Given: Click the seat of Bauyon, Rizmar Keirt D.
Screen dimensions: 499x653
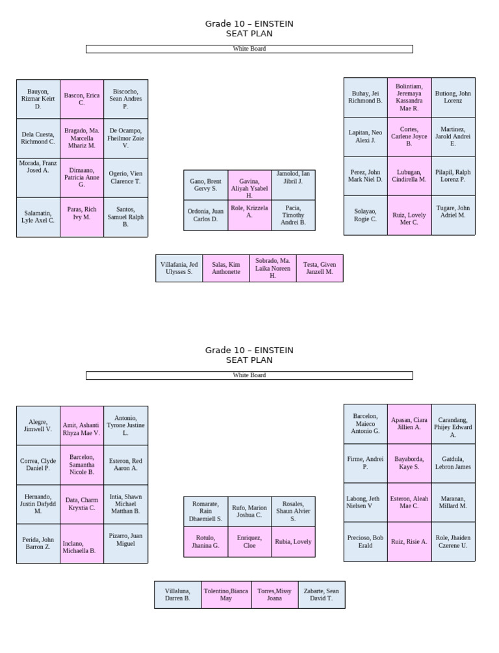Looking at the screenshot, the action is click(38, 99).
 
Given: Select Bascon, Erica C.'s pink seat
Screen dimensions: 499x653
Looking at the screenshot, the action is click(82, 99).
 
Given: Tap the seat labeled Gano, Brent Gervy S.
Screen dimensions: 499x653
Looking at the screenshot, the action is click(206, 185).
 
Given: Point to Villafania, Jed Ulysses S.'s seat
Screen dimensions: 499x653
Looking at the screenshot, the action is click(179, 268).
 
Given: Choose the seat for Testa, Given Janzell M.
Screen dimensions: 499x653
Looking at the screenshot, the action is click(320, 268).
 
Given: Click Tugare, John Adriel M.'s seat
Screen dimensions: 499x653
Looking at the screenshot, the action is click(453, 216).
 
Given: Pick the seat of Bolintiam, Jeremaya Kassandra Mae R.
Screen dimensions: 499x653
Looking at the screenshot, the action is click(409, 97).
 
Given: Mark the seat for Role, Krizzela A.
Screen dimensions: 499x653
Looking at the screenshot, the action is click(249, 216).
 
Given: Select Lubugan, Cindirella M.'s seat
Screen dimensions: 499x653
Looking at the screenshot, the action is click(409, 176).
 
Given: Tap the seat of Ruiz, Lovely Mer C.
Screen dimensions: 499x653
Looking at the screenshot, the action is click(409, 216).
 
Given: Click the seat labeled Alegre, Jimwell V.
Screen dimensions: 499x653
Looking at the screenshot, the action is click(38, 426).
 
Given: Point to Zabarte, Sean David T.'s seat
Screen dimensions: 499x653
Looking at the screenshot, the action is click(322, 595).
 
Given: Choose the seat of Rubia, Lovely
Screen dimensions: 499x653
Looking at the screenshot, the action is click(294, 542).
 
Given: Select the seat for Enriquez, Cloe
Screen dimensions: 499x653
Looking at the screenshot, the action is click(249, 542).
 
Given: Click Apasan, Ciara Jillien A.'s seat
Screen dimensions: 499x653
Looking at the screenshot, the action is click(409, 424).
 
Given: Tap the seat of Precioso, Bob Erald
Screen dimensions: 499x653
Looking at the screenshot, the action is click(366, 542).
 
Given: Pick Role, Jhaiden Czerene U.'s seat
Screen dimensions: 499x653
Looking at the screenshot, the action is click(453, 542).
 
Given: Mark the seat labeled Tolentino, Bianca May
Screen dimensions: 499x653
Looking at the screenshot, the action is click(226, 595).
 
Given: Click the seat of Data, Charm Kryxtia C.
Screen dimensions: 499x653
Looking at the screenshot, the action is click(82, 504).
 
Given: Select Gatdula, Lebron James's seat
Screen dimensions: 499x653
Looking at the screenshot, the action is click(453, 463).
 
